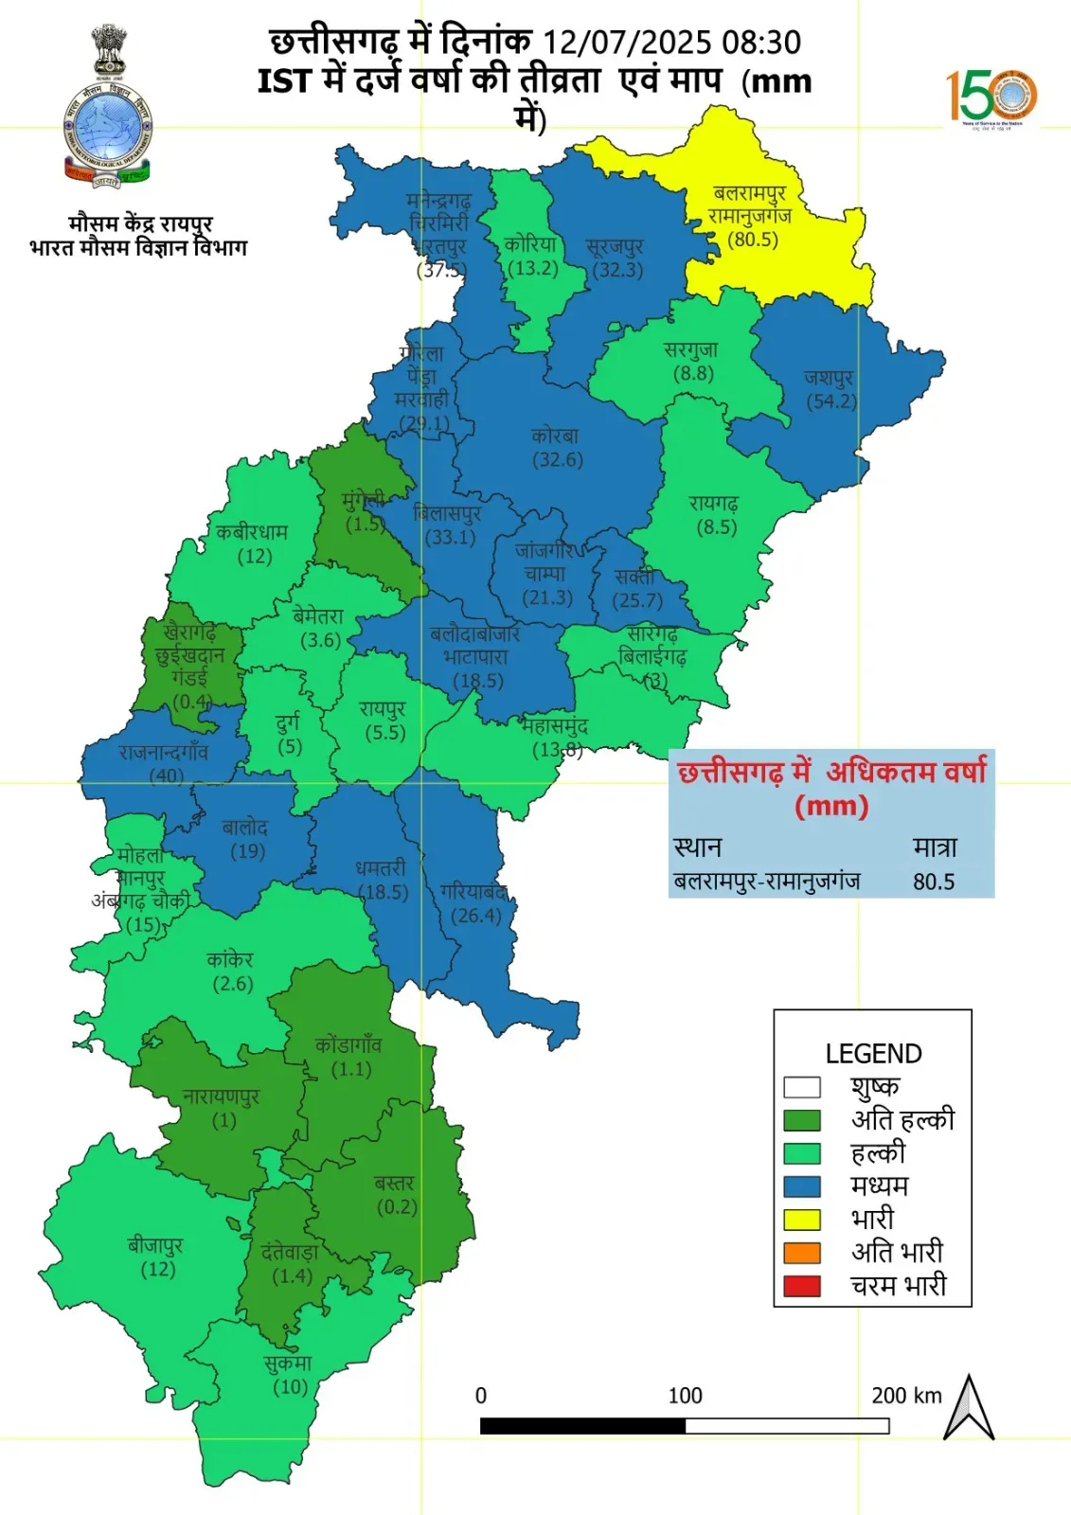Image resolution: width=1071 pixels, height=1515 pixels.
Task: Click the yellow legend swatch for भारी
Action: (x=801, y=1219)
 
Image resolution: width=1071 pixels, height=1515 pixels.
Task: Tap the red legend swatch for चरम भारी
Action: (x=801, y=1286)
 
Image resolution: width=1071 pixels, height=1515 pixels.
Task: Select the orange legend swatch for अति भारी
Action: (x=801, y=1252)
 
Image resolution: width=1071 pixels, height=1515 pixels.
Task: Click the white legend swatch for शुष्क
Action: (x=801, y=1086)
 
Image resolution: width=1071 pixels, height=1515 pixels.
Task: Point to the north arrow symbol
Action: (x=969, y=1408)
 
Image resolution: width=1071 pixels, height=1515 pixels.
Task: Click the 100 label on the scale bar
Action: (x=685, y=1396)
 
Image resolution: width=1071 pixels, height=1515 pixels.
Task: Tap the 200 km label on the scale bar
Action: (x=906, y=1396)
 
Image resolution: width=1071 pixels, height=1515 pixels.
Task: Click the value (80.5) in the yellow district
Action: (x=753, y=240)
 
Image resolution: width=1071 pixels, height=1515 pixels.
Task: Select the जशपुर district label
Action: (x=830, y=378)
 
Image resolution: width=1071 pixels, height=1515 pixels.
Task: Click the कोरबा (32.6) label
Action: (x=556, y=448)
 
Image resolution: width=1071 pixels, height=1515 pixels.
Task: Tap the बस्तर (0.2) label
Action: (x=396, y=1195)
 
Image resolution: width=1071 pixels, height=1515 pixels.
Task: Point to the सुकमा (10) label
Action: (x=289, y=1375)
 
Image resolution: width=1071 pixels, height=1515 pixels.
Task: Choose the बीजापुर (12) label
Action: (x=156, y=1257)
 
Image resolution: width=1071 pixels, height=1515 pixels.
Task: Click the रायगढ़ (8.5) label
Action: (x=715, y=515)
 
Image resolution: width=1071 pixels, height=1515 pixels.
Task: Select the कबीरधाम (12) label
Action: (x=252, y=544)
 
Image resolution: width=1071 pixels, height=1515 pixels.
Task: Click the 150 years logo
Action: (x=991, y=98)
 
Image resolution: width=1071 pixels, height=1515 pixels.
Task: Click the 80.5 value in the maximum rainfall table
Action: (x=934, y=882)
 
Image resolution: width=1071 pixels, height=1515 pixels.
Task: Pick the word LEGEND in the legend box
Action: (x=873, y=1054)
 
